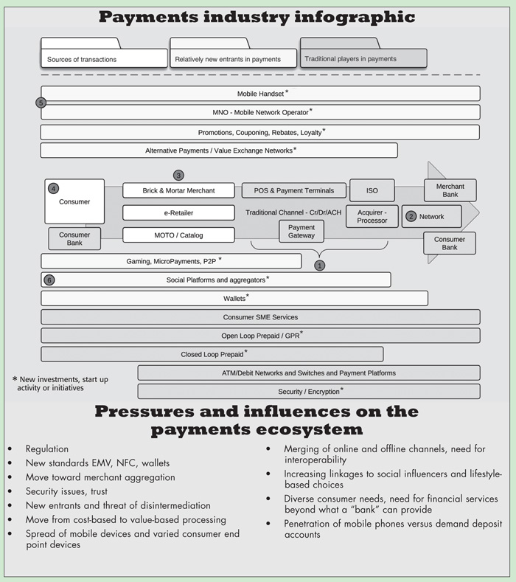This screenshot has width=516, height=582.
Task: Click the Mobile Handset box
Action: tap(260, 94)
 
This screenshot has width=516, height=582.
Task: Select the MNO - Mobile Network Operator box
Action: tap(260, 112)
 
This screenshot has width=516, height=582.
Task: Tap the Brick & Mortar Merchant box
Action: tap(178, 190)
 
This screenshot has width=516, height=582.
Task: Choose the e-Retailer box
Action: tap(178, 212)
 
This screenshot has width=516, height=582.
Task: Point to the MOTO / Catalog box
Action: tap(178, 235)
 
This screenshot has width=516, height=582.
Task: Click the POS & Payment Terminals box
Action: tap(293, 190)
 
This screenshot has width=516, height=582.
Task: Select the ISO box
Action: tap(372, 190)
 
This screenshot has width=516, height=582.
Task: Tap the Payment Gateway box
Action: tap(301, 231)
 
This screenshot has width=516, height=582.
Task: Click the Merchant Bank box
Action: tap(450, 190)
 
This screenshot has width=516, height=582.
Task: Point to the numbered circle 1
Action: tap(319, 264)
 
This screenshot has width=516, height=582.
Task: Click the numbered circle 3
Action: tap(178, 176)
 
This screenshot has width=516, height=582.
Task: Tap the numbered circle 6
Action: tap(49, 280)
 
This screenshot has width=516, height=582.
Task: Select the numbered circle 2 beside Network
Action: tap(411, 217)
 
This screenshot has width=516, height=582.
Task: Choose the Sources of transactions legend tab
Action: tap(104, 58)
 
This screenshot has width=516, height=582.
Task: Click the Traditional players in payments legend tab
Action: tap(363, 58)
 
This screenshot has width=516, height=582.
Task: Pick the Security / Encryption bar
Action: tap(309, 391)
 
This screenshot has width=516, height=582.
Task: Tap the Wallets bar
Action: tap(234, 298)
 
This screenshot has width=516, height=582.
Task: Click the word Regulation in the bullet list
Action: tap(46, 448)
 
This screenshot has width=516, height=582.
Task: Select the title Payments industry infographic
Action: tap(257, 17)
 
